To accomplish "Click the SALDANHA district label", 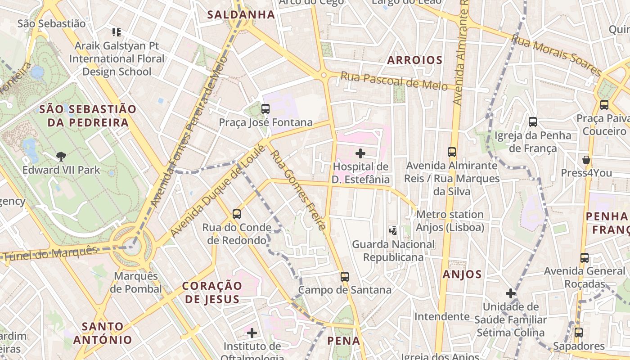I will click(x=241, y=14).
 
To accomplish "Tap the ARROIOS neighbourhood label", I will click(x=415, y=60).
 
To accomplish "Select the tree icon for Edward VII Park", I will click(x=61, y=157).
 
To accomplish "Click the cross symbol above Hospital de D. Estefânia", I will click(x=360, y=153).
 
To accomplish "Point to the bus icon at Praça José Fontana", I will click(x=265, y=109).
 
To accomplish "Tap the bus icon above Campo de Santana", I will click(x=345, y=277).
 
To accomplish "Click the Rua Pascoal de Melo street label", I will click(x=394, y=81).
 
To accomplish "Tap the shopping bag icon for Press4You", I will click(x=586, y=160).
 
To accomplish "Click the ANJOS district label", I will click(x=462, y=274).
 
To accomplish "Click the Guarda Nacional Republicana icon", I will click(x=393, y=231).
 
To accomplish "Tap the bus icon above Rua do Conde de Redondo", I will click(x=237, y=214).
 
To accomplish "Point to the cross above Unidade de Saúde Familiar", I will click(x=510, y=293).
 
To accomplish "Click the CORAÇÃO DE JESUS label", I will click(x=212, y=292).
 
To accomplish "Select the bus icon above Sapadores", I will click(x=579, y=333).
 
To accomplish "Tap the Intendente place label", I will click(x=441, y=316).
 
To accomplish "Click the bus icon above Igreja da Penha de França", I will click(x=533, y=121).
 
